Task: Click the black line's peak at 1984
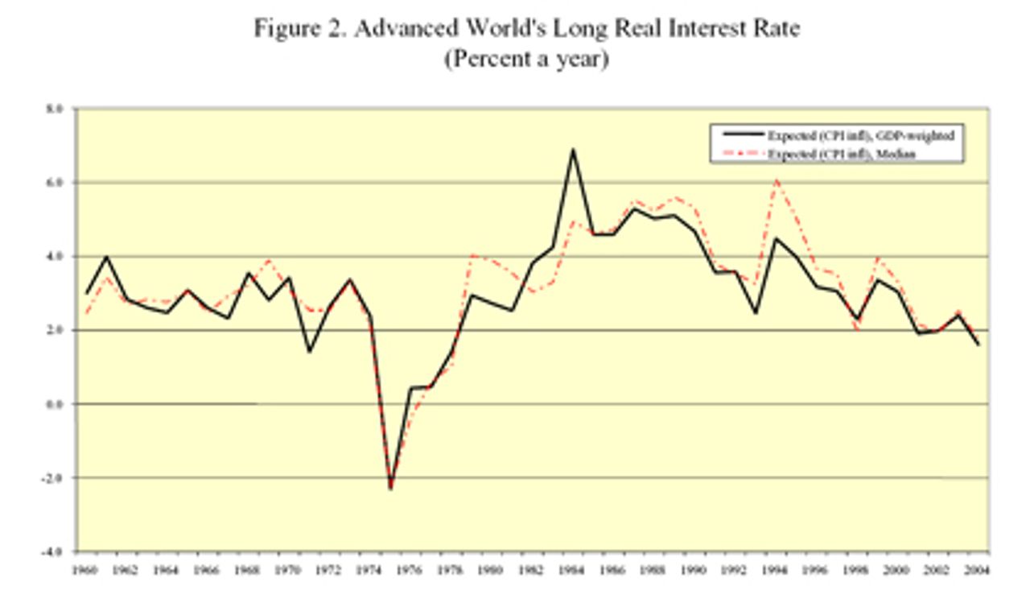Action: tap(573, 149)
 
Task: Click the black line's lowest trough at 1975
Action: tap(390, 487)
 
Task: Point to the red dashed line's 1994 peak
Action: tap(776, 180)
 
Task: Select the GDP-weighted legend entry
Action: tap(860, 136)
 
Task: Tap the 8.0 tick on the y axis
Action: tap(57, 109)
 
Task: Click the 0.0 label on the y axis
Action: tap(57, 404)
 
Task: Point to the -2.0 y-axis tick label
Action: tap(56, 478)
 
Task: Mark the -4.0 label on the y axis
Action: tap(56, 552)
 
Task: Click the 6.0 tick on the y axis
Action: tap(57, 183)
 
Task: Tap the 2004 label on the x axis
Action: tap(978, 570)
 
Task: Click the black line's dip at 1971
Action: tap(309, 352)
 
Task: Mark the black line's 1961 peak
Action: tap(107, 257)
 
